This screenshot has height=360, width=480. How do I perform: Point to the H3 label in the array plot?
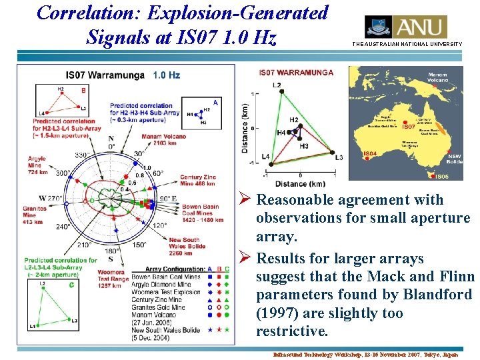click(x=304, y=146)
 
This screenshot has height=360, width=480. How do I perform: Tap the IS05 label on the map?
click(x=441, y=177)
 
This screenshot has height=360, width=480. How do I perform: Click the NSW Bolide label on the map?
click(x=455, y=158)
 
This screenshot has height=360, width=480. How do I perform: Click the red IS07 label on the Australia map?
click(x=409, y=126)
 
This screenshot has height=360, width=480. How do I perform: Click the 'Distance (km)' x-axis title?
click(x=299, y=183)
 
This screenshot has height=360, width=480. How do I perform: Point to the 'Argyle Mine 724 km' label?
click(x=37, y=165)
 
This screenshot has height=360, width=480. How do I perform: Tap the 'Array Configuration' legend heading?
click(x=163, y=269)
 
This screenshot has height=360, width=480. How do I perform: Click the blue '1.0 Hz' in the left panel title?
click(x=166, y=75)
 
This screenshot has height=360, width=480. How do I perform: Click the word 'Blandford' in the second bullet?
click(x=434, y=295)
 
